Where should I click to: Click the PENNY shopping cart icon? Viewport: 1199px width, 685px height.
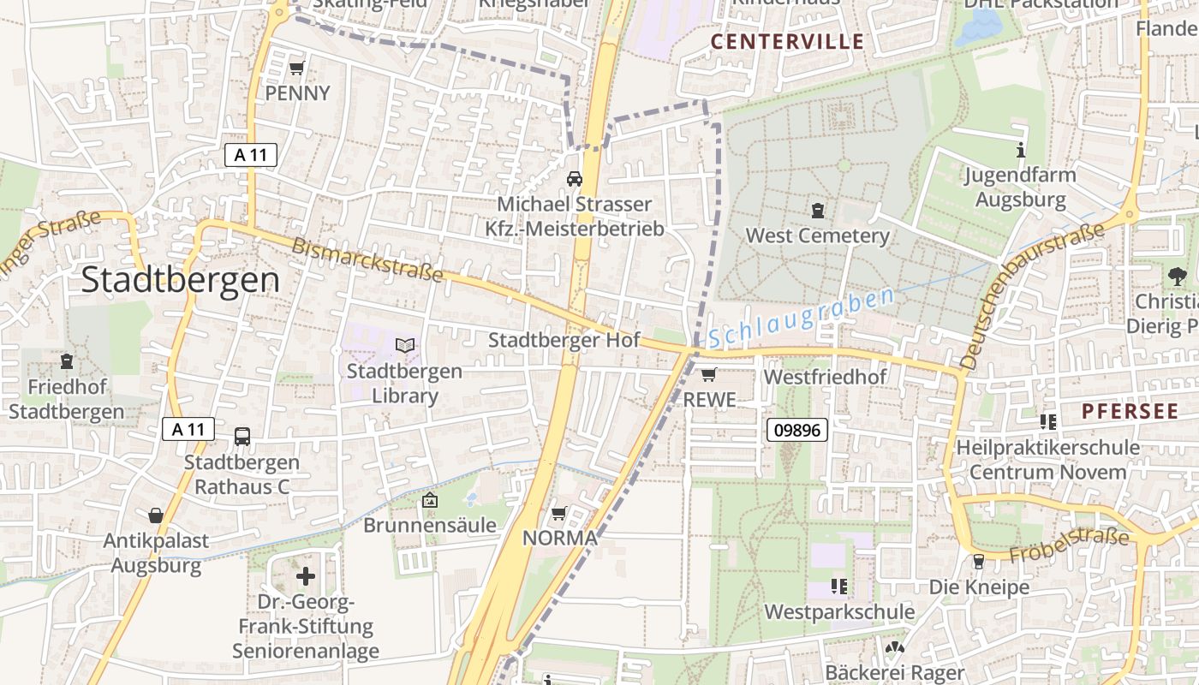tap(297, 68)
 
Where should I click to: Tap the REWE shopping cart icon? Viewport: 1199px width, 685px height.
tap(708, 374)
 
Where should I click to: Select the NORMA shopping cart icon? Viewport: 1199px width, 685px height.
tap(558, 513)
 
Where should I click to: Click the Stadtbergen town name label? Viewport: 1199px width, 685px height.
tap(180, 280)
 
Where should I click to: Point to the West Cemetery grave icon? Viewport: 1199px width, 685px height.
tap(818, 210)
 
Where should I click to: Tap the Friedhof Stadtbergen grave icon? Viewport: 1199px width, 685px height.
tap(67, 361)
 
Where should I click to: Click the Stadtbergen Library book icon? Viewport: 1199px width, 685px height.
tap(404, 346)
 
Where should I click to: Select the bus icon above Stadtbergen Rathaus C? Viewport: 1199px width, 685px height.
tap(242, 437)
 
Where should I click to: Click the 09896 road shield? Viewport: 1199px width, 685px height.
tap(796, 430)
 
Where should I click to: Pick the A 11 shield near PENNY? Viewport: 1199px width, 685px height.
tap(250, 155)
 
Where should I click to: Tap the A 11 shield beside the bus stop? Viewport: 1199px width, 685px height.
tap(188, 430)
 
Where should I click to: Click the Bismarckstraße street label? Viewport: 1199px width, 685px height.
tap(367, 259)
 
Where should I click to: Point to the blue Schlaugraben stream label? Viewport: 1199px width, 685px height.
tap(801, 318)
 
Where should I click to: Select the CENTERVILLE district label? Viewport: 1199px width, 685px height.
tap(787, 42)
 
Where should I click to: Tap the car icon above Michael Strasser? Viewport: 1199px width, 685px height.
tap(574, 179)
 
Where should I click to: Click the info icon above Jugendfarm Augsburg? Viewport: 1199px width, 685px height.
tap(1020, 151)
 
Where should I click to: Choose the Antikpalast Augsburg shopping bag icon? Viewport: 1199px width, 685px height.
tap(156, 515)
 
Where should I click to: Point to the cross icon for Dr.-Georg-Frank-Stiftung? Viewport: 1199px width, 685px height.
tap(306, 576)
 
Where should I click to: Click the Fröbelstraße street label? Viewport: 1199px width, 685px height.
tap(1069, 545)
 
